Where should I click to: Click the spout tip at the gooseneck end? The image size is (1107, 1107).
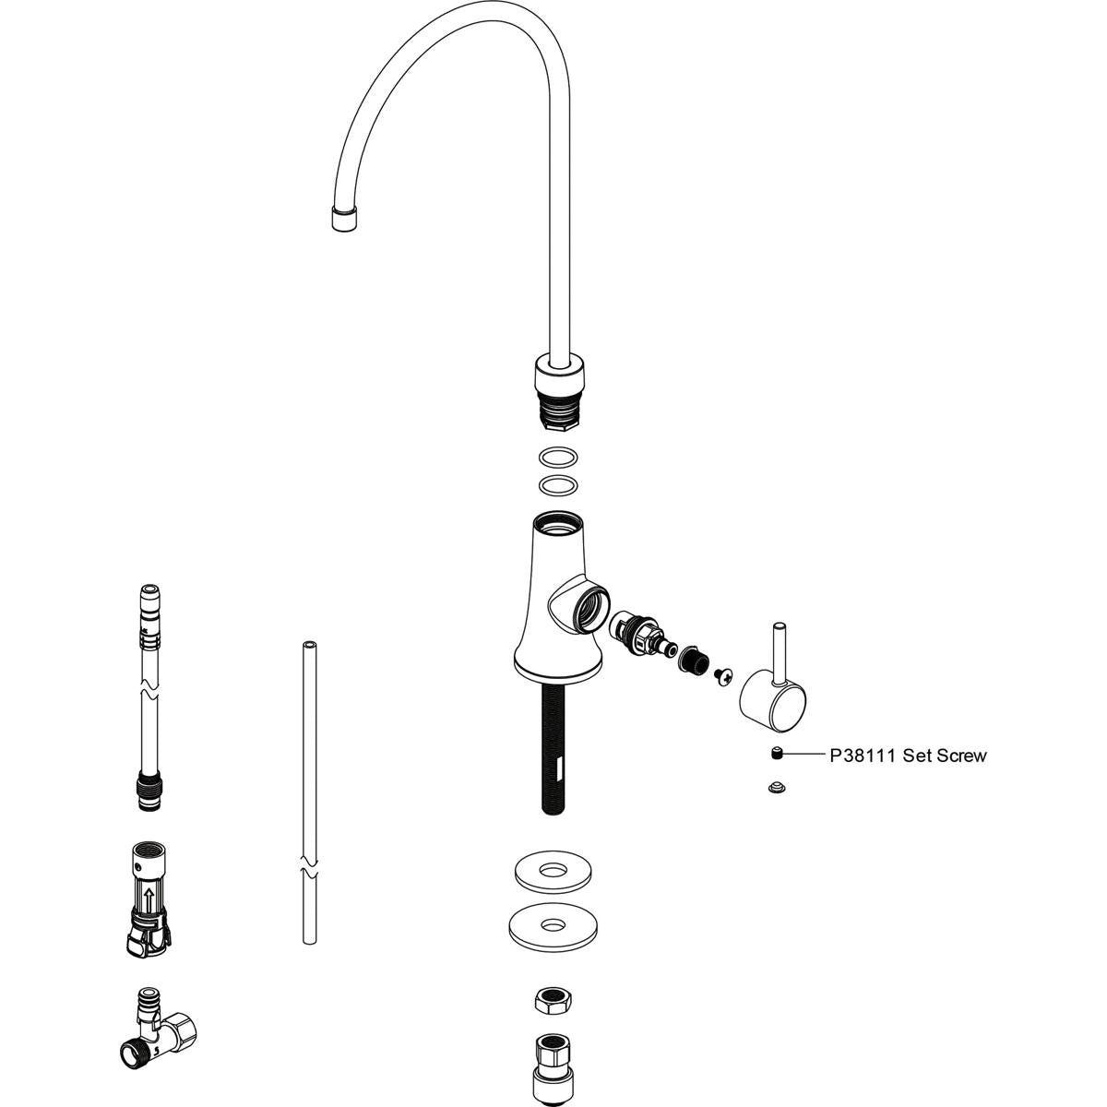(344, 220)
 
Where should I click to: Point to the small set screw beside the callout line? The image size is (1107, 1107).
(777, 756)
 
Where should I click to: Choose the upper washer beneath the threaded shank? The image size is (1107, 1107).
(553, 872)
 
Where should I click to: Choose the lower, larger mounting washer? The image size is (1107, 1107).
(553, 925)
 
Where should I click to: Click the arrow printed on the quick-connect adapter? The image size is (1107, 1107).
(147, 894)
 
